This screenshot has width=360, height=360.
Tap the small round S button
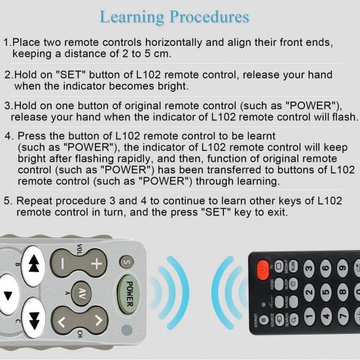pos(125,262)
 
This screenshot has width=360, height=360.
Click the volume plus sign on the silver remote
pos(97,264)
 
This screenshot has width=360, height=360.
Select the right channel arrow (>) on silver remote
pos(97,321)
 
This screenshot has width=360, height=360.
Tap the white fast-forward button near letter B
pos(34,261)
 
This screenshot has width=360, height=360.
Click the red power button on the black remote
pos(263,267)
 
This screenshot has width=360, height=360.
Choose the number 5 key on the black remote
pos(325,292)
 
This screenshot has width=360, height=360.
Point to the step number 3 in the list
pos(7,105)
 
